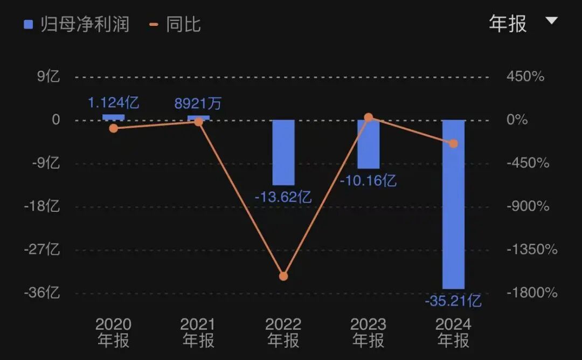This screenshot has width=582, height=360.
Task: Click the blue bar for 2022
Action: [283, 152]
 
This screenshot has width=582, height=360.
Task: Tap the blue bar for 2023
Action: [369, 144]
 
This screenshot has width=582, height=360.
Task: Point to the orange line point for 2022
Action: [283, 276]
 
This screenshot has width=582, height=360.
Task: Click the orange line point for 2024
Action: [453, 143]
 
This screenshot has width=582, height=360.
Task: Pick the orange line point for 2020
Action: [113, 128]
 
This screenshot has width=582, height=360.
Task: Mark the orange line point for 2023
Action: [369, 117]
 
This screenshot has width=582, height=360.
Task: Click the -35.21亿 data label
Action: [453, 301]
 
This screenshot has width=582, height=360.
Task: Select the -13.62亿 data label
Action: [283, 197]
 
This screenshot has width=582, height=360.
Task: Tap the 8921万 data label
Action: [198, 103]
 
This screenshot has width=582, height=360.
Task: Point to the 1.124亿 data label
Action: [114, 102]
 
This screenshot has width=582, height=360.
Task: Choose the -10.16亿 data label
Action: [368, 181]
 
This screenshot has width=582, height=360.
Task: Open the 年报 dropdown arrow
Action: [551, 21]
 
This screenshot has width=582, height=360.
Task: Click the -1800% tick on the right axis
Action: [532, 293]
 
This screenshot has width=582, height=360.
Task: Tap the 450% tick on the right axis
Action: [525, 77]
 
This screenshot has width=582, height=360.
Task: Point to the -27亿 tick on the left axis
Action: [42, 250]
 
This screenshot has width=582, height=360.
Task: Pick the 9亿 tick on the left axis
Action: [48, 77]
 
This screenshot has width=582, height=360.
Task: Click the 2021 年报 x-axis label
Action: [198, 332]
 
